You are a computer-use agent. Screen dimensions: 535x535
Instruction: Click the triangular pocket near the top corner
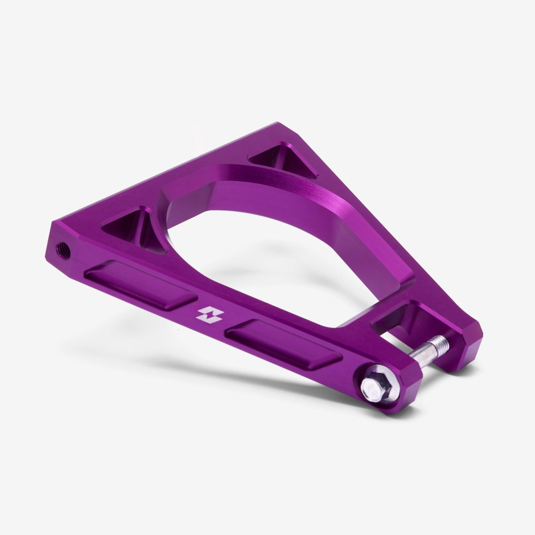tap(283, 158)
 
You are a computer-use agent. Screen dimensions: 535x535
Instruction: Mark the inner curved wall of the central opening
tap(300, 214)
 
